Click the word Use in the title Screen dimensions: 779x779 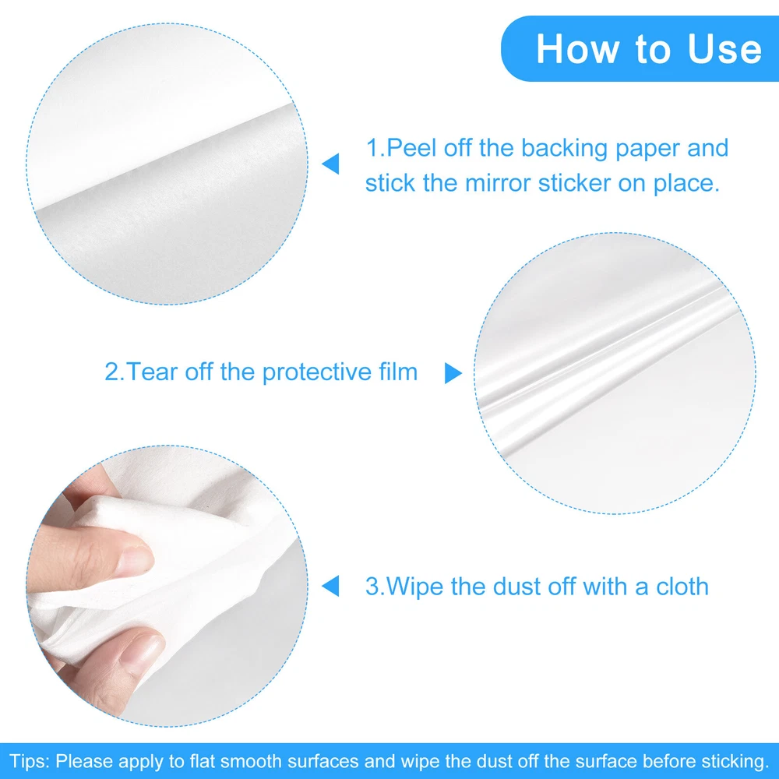point(724,49)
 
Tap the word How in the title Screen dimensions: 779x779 point(578,49)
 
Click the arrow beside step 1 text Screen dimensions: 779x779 point(330,164)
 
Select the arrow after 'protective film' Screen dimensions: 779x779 point(453,373)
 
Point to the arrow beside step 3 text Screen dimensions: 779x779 point(330,586)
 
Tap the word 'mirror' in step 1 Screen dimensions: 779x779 point(498,183)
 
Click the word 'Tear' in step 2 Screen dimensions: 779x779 point(152,372)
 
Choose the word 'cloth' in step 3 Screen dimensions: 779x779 point(682,587)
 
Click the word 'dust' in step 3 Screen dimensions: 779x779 point(513,587)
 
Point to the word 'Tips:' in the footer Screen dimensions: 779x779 point(30,761)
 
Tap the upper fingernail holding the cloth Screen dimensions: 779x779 point(135,559)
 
